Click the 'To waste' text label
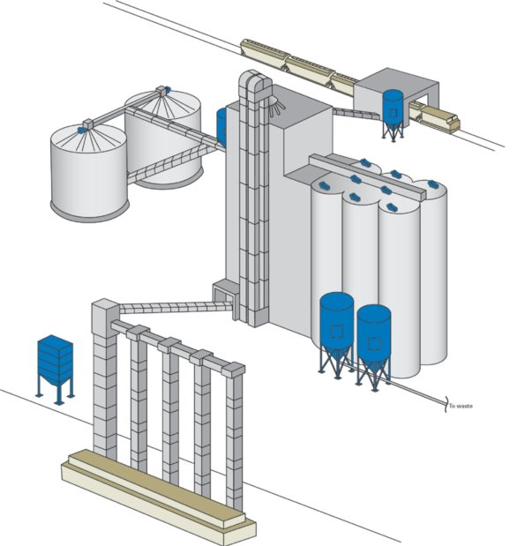pos(461,406)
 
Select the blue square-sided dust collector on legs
pos(56,370)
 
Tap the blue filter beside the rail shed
pos(394,115)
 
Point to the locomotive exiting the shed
pos(440,118)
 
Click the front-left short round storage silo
pos(89,172)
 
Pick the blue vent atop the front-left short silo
pos(82,130)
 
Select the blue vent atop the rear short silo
pos(167,90)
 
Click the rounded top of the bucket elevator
pos(255,80)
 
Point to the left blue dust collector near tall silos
pos(336,334)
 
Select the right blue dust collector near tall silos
pos(373,347)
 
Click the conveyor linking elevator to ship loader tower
pos(176,308)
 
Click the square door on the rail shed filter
pos(393,113)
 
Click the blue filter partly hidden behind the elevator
pos(221,126)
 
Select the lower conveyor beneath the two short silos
pos(172,164)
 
